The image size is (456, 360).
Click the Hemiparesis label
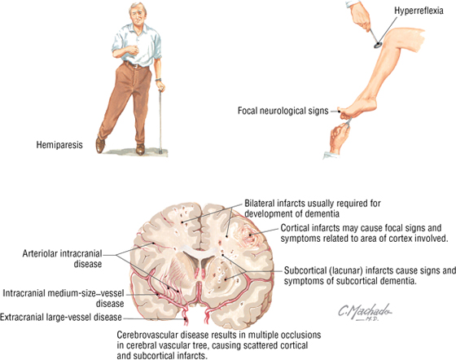coord(59,145)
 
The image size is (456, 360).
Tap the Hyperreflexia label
coord(419,11)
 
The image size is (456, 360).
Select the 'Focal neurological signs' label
coord(283,111)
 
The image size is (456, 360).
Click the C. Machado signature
coord(365,312)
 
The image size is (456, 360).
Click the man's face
coord(137,15)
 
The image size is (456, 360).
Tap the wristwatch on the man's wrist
coord(158,79)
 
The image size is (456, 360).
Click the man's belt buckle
coord(135,65)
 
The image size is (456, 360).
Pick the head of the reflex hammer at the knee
coord(378,45)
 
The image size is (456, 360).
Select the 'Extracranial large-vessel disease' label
coord(61,317)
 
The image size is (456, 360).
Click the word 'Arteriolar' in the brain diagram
coord(41,253)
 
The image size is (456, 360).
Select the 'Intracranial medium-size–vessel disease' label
coord(64,298)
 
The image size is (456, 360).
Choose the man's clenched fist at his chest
coord(134,50)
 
